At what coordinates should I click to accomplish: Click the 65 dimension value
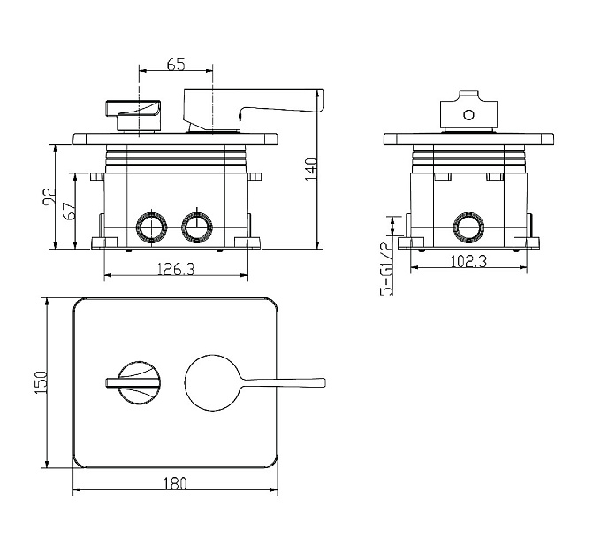[176, 64]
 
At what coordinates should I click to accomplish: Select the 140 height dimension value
[311, 169]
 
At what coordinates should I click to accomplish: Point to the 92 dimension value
[49, 197]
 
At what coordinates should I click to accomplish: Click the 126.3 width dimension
[176, 269]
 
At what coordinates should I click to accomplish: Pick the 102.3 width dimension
[468, 261]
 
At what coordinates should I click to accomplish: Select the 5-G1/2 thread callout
[387, 269]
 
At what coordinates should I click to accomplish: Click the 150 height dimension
[41, 382]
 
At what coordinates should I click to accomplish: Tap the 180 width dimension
[175, 483]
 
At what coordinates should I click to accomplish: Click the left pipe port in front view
[152, 227]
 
